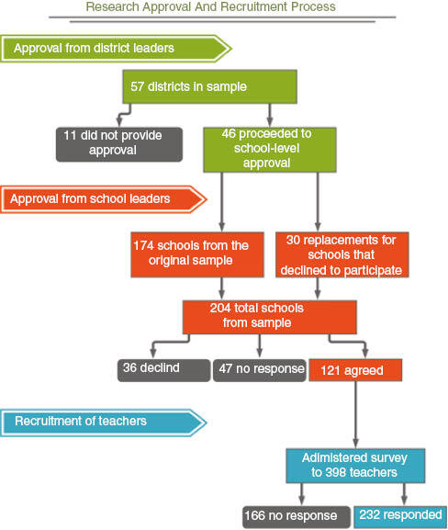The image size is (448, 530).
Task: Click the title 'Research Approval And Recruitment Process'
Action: click(x=210, y=6)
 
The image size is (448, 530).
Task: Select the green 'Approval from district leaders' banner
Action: click(x=116, y=49)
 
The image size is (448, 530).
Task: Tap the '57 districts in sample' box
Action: click(x=210, y=86)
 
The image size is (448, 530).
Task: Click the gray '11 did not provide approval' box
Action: click(x=119, y=144)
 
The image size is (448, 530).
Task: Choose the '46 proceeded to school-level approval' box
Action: click(x=270, y=150)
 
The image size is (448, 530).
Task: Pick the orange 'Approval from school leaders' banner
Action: click(x=104, y=199)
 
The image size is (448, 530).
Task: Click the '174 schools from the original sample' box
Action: click(x=197, y=254)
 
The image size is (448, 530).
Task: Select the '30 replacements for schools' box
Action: click(x=342, y=254)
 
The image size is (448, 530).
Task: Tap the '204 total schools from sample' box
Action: click(x=270, y=317)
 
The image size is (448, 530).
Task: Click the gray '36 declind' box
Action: click(x=163, y=370)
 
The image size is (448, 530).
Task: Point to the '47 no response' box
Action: click(x=260, y=370)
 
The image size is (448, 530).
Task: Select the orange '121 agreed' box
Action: click(x=355, y=370)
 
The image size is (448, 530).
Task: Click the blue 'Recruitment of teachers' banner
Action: click(x=104, y=423)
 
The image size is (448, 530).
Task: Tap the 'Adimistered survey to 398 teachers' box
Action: click(x=355, y=466)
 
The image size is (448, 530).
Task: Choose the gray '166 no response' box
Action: click(x=297, y=517)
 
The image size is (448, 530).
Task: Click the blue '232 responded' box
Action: click(x=400, y=517)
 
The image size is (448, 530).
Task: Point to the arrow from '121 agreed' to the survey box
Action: click(x=355, y=415)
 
